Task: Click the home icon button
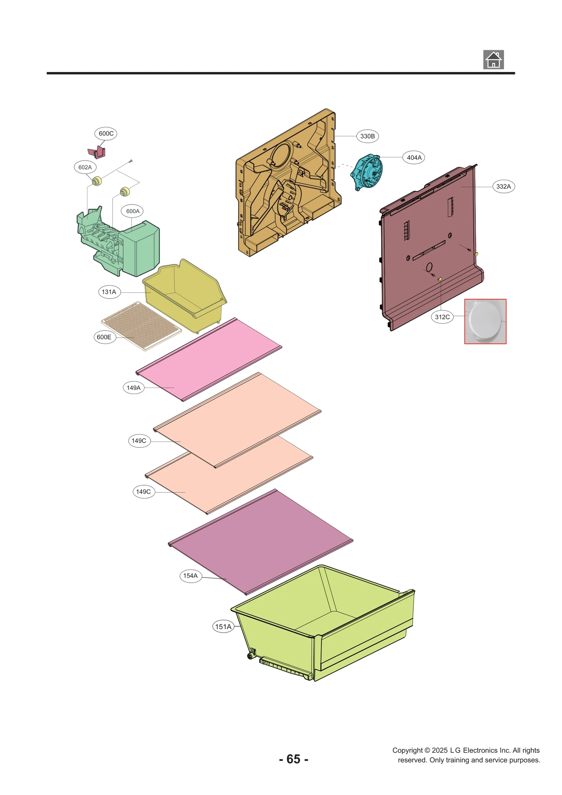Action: (493, 59)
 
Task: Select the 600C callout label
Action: (106, 133)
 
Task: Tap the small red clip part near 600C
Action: (97, 152)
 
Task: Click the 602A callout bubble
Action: (85, 167)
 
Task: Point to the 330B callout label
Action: (367, 136)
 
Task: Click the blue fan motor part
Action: (367, 172)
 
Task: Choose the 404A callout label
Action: (414, 158)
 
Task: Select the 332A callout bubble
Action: (503, 187)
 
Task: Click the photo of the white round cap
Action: (485, 321)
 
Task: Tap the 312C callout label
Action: (442, 317)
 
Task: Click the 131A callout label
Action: (109, 292)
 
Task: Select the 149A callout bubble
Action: (133, 388)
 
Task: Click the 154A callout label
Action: (190, 576)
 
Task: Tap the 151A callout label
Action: (223, 627)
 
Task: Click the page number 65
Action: (293, 759)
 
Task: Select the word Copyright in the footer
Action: (407, 750)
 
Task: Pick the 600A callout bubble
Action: (133, 211)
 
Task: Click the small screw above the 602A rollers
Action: (131, 161)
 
